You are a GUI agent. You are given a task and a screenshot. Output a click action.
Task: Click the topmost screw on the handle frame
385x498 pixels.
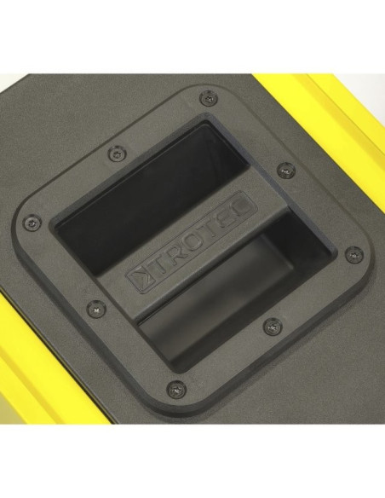pos(207,97)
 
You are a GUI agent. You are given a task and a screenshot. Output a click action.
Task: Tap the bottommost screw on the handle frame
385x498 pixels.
pos(174,387)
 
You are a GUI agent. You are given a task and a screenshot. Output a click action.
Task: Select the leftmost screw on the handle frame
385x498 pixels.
pos(32,223)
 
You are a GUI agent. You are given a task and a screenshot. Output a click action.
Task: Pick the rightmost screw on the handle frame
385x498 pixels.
pos(353,254)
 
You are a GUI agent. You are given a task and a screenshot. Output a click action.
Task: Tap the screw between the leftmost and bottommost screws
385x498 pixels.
pos(95,307)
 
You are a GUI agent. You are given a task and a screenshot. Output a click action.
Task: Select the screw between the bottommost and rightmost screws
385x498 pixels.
pos(273,326)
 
